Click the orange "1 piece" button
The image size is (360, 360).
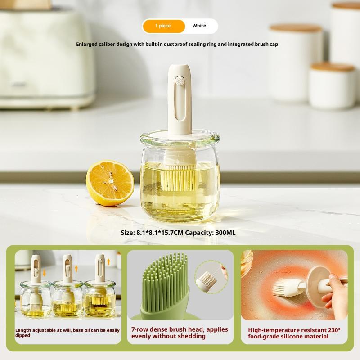(x=164, y=26)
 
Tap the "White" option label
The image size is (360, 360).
(x=199, y=26)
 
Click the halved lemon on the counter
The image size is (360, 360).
(x=110, y=183)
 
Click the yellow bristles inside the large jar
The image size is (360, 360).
(x=179, y=181)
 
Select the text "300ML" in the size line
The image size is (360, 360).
(x=225, y=233)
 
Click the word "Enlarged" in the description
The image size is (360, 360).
(x=86, y=44)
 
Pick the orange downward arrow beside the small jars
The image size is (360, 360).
(x=44, y=273)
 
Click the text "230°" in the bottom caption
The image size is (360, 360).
(x=333, y=330)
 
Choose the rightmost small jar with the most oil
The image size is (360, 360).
(x=100, y=298)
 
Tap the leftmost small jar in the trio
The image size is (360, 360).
(x=36, y=299)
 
